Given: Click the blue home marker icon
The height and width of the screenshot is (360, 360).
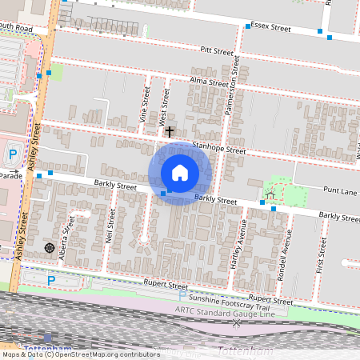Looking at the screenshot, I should (179, 173).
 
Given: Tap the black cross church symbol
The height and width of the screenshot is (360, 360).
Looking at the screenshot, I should (169, 130).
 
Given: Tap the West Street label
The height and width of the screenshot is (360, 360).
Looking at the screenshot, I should (166, 102).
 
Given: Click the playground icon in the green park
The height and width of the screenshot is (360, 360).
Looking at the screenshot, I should (270, 194).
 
